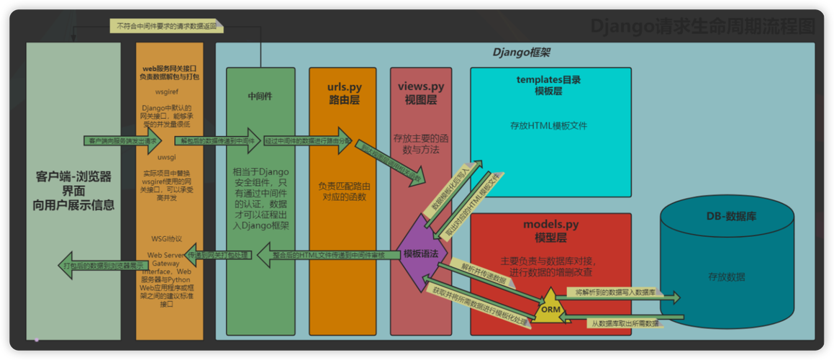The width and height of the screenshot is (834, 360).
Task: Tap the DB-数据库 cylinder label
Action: (x=726, y=216)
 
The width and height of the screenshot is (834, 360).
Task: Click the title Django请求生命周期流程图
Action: (x=703, y=27)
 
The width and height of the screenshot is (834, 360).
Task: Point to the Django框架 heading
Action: (x=522, y=53)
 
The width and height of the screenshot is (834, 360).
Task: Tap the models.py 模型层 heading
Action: (x=550, y=230)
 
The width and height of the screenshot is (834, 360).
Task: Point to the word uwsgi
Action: (x=167, y=157)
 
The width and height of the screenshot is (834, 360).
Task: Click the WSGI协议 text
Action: (x=167, y=238)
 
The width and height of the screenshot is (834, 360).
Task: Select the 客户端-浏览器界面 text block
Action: (x=73, y=190)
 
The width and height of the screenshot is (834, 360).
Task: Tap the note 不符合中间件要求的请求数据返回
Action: (x=166, y=26)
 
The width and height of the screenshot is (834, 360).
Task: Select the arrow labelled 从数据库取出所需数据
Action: (x=619, y=324)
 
